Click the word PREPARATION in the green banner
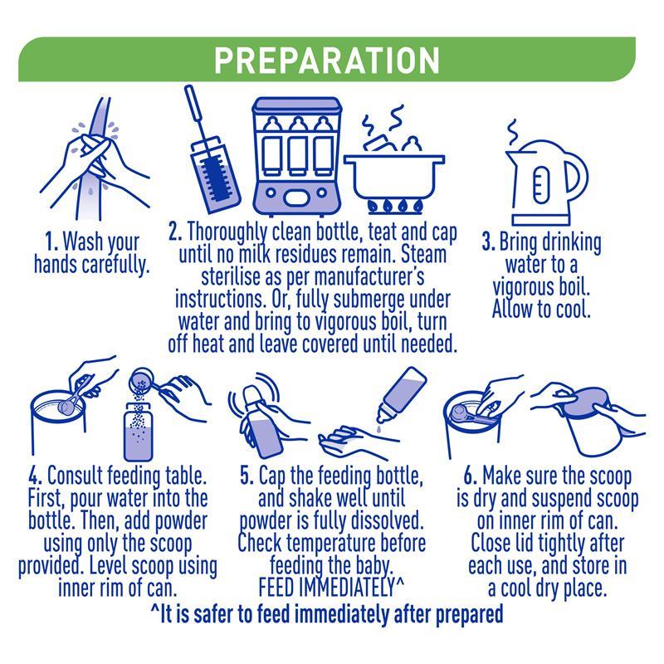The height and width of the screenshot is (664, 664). (326, 60)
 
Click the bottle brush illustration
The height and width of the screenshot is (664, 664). (212, 150)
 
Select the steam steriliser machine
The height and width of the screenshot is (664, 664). (297, 157)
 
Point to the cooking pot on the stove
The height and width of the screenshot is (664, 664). (393, 173)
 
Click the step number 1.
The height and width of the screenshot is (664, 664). (51, 242)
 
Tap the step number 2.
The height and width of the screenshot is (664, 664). (175, 232)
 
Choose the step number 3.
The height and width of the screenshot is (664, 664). (488, 242)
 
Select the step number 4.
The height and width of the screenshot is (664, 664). (35, 476)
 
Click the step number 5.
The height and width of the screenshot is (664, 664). (247, 476)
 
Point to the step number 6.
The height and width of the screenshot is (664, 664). (471, 476)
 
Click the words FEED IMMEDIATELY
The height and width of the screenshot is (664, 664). (326, 588)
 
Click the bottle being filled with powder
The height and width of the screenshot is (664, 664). (138, 432)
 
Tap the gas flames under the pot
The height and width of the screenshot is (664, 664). (395, 206)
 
